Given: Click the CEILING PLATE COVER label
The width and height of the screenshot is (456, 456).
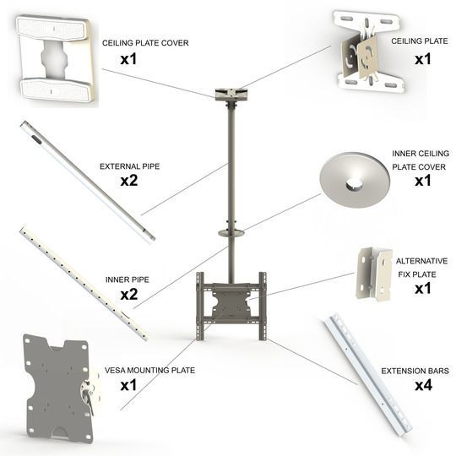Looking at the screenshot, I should pyautogui.click(x=145, y=41).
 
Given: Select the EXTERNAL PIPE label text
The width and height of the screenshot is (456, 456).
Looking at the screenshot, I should pyautogui.click(x=129, y=166).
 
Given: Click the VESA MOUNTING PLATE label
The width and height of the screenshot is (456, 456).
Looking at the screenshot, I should pyautogui.click(x=149, y=370).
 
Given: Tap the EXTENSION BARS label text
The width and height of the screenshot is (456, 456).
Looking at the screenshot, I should pyautogui.click(x=415, y=370).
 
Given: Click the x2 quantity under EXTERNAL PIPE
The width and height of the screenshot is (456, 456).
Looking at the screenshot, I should pyautogui.click(x=128, y=182).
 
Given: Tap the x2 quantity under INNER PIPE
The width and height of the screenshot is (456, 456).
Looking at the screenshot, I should pyautogui.click(x=128, y=294).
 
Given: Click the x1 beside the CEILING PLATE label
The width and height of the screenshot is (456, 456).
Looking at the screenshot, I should pyautogui.click(x=422, y=59).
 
